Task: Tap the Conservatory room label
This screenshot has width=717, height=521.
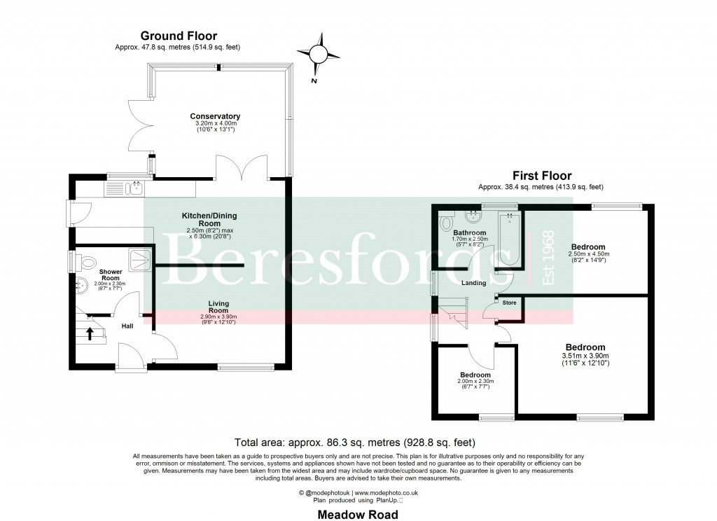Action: tap(215, 116)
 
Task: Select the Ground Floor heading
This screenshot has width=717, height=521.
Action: tap(179, 36)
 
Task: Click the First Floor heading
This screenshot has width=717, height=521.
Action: tap(541, 176)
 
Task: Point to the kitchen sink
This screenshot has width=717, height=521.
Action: tap(134, 187)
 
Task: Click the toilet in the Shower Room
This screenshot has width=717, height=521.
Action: tap(87, 263)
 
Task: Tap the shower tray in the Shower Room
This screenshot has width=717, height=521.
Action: tap(141, 260)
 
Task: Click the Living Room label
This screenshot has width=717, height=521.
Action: tap(218, 306)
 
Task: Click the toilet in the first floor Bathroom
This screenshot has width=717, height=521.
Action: tap(446, 223)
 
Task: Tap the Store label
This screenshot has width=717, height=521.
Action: tap(509, 303)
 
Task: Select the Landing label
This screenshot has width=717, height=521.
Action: tap(474, 283)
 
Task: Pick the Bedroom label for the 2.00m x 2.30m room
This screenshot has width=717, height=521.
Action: tap(475, 374)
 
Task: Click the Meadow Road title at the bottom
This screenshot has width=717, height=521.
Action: tap(358, 515)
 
